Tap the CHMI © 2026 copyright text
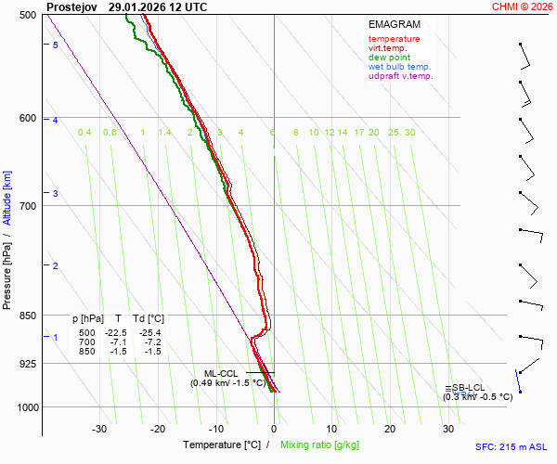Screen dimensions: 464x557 pyautogui.click(x=522, y=6)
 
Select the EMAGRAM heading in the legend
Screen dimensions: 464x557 pyautogui.click(x=394, y=24)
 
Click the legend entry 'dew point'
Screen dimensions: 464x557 pyautogui.click(x=390, y=58)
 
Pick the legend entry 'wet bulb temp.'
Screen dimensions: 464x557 pyautogui.click(x=399, y=67)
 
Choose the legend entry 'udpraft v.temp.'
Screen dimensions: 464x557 pyautogui.click(x=400, y=76)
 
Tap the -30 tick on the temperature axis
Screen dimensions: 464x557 pyautogui.click(x=99, y=429)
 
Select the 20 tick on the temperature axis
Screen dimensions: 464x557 pyautogui.click(x=390, y=429)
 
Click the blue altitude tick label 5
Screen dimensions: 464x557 pyautogui.click(x=56, y=45)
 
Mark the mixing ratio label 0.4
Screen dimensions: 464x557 pyautogui.click(x=84, y=133)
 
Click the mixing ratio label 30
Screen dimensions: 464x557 pyautogui.click(x=409, y=133)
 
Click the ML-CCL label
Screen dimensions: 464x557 pyautogui.click(x=221, y=373)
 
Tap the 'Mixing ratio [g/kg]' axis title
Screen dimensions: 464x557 pyautogui.click(x=319, y=445)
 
